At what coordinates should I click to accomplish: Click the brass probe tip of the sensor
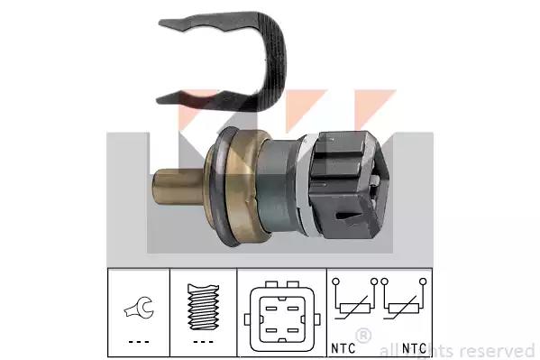[178, 187]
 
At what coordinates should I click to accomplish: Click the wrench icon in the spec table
[139, 308]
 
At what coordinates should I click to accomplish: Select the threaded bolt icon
[203, 306]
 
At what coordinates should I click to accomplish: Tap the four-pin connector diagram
[281, 316]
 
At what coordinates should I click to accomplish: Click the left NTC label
[343, 348]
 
